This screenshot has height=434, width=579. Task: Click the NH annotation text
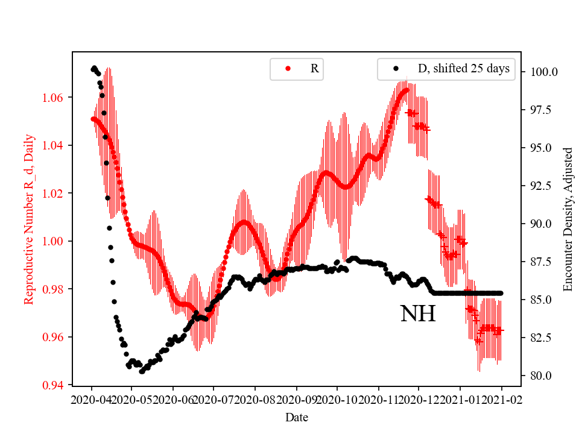point(417,314)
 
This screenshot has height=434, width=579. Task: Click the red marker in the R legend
point(288,69)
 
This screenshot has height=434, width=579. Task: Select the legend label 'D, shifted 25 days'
point(464,69)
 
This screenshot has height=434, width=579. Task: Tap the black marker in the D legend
point(396,69)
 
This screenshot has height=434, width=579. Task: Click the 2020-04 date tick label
point(92,399)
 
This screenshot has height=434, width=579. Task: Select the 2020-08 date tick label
point(255,399)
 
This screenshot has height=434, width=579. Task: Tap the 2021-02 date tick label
point(501,399)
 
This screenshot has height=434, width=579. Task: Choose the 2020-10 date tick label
point(337,399)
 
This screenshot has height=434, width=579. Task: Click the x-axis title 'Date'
point(296,417)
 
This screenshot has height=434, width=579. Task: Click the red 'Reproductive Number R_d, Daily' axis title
point(28,219)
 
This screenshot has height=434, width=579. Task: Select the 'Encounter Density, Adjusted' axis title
point(568,219)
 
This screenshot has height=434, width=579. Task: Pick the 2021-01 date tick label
point(460,399)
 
